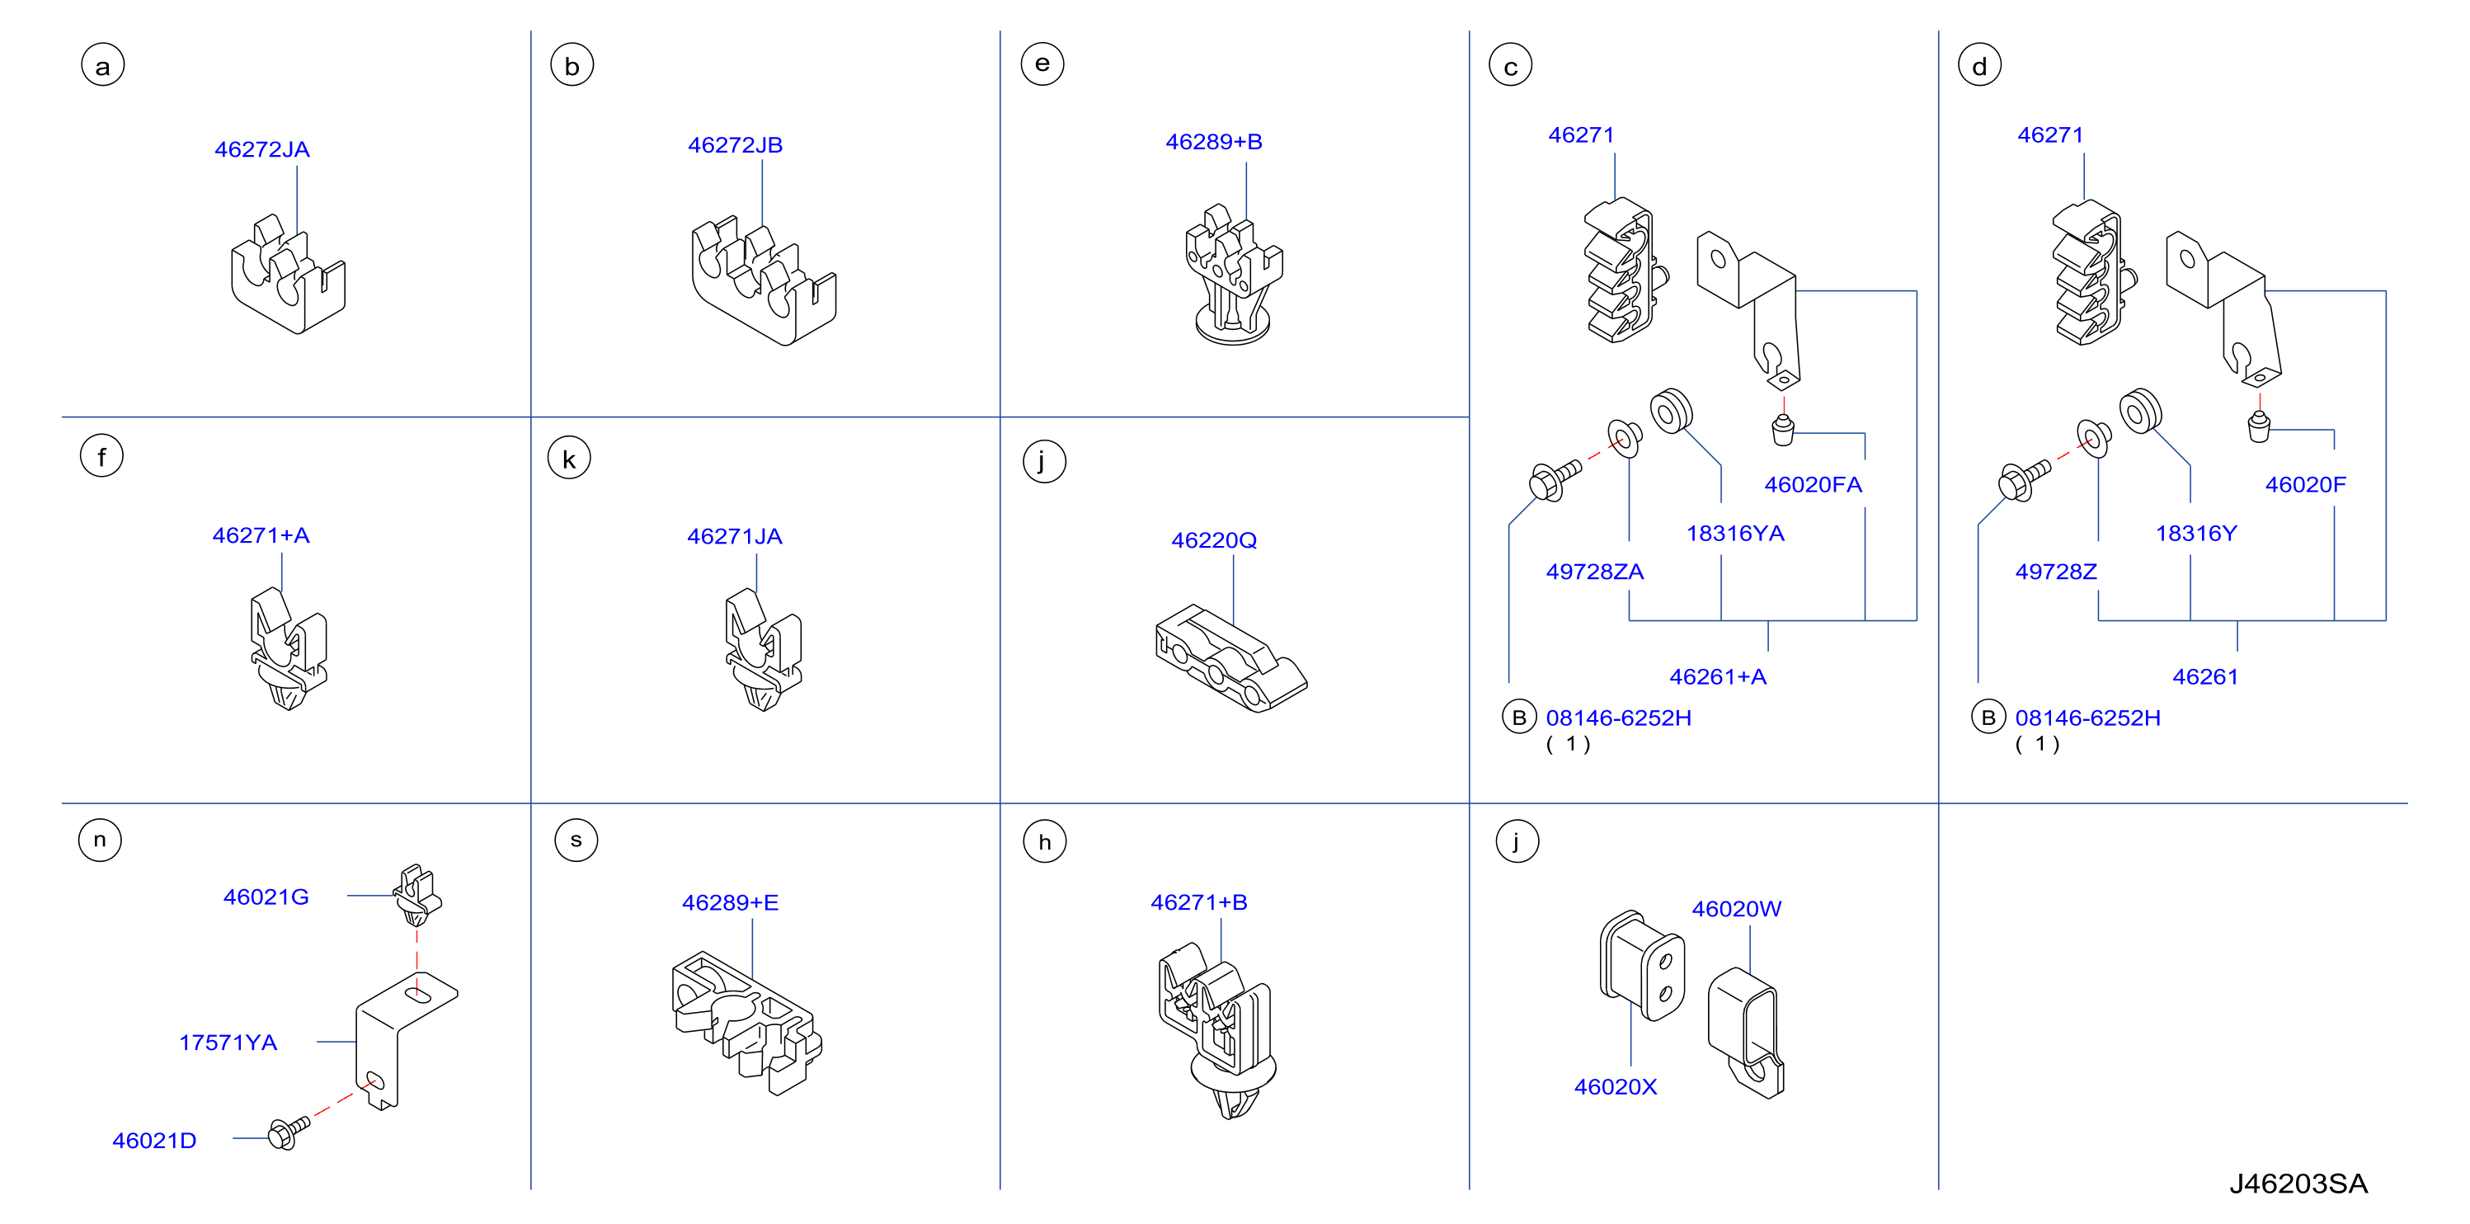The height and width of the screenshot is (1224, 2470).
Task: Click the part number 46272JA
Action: [x=261, y=149]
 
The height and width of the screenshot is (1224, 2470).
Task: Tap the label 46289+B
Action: [x=1214, y=142]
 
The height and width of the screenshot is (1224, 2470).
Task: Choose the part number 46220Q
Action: [x=1214, y=540]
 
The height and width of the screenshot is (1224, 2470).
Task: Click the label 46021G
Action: [x=266, y=897]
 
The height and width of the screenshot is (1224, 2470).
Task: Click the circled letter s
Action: [x=576, y=840]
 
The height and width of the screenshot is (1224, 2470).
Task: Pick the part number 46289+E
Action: [x=730, y=902]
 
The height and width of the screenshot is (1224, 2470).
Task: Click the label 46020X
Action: [x=1616, y=1087]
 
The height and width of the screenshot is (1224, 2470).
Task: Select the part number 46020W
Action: [x=1737, y=908]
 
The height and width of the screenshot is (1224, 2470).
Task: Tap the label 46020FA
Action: [x=1814, y=484]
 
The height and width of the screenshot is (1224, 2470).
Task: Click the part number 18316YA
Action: [x=1735, y=534]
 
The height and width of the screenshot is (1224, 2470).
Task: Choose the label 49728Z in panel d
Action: [x=2056, y=572]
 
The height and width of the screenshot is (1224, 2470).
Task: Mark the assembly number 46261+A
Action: [x=1717, y=677]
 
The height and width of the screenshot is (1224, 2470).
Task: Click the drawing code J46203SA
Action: [x=2298, y=1184]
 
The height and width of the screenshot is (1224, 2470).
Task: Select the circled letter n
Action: [x=100, y=840]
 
